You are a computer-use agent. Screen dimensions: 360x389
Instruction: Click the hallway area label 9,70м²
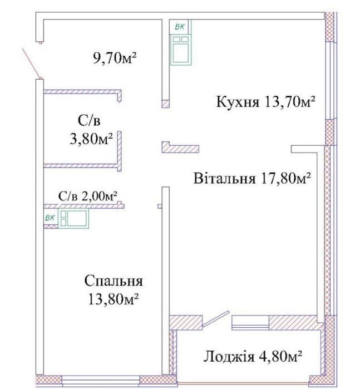115,58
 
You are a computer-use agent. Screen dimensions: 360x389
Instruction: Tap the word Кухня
238,101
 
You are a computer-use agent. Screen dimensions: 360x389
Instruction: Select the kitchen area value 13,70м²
290,101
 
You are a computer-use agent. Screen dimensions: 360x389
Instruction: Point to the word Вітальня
224,178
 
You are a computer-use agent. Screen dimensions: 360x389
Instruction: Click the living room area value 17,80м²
285,178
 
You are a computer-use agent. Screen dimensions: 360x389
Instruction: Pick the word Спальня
114,282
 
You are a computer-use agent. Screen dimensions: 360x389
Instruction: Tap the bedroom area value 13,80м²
113,300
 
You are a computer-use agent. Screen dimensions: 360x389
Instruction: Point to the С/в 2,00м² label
88,196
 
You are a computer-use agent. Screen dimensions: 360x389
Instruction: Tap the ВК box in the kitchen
180,27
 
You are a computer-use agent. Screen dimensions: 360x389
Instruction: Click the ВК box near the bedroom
51,218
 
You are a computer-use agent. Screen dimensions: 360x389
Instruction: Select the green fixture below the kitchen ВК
181,50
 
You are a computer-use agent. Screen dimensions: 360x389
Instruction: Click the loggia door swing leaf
215,318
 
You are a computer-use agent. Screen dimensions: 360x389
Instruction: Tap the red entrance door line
32,63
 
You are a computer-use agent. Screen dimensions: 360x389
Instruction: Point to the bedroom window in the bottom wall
101,380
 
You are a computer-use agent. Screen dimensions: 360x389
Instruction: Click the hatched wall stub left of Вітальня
180,147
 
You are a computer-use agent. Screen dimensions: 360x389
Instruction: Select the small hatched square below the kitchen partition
166,104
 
